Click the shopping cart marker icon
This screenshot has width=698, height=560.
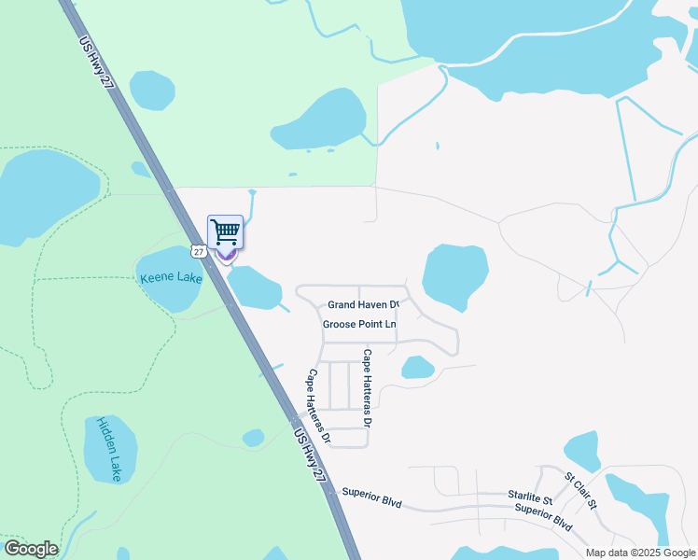coord(225,232)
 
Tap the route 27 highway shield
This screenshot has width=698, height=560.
coord(197,250)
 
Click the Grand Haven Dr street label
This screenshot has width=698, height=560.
coord(364,304)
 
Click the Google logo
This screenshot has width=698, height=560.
coord(31,549)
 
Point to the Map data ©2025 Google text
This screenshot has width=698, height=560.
coord(640,553)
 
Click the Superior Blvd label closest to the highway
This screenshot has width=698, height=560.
coord(371,497)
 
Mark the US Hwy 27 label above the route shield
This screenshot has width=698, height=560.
coord(97,64)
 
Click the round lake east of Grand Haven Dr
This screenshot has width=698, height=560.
coord(454,276)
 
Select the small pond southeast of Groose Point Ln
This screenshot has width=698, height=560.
coord(417,368)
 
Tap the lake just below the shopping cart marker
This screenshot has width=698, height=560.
coord(253,287)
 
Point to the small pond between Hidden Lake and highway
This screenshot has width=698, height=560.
coord(253,438)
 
